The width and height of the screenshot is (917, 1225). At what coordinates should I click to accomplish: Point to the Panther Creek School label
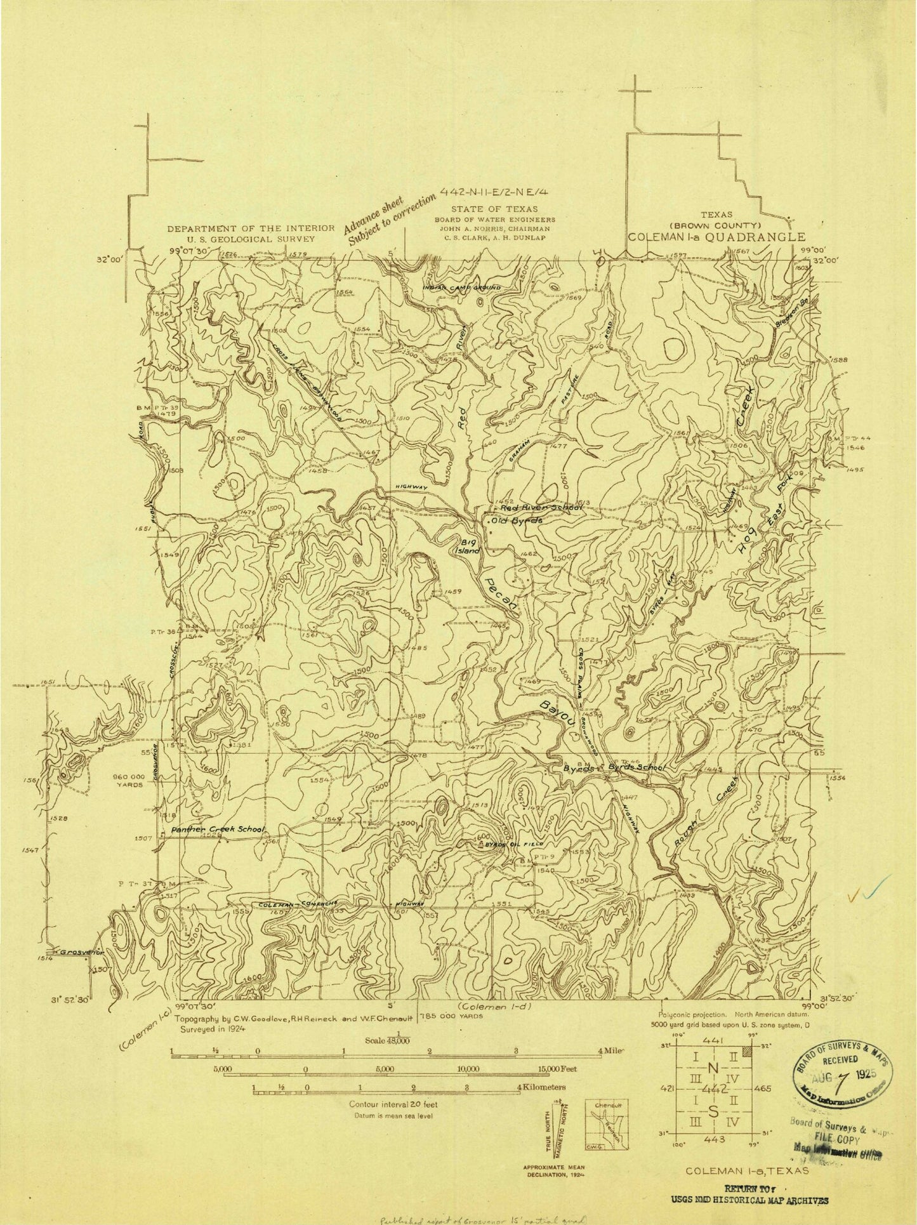tap(216, 829)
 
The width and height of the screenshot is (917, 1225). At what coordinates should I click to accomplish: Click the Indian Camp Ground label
tap(462, 288)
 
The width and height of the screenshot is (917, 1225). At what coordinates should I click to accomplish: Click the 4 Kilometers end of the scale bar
tap(543, 1087)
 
